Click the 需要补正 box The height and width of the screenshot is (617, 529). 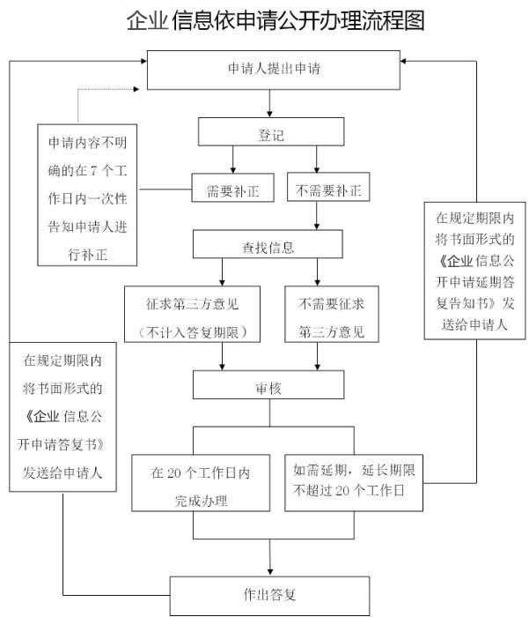(x=233, y=189)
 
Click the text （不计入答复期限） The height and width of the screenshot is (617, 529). (x=192, y=331)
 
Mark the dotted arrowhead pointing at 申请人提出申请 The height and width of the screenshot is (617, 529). (x=140, y=89)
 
